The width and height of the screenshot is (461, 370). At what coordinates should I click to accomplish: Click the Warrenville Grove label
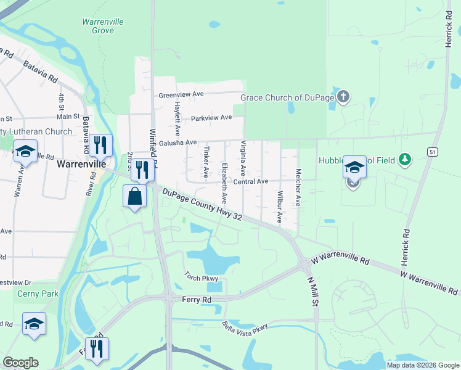point(103,26)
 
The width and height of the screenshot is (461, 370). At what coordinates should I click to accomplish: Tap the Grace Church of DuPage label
point(287,97)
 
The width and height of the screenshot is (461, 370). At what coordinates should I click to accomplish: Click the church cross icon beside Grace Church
point(344,97)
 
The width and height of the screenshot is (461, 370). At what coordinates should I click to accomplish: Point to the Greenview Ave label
point(181,95)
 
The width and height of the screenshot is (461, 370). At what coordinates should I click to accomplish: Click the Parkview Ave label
point(211,117)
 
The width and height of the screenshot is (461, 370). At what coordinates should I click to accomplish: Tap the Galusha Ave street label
point(177,142)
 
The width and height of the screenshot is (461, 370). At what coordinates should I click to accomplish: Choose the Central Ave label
point(250,181)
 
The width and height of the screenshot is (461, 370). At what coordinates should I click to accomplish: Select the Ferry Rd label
point(197,299)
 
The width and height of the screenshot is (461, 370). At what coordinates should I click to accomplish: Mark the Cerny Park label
point(38,294)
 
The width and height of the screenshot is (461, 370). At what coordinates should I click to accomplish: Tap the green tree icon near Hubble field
point(404,160)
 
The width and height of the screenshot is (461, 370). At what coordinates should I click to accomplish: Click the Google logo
point(20,363)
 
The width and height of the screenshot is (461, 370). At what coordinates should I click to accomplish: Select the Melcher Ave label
point(298,187)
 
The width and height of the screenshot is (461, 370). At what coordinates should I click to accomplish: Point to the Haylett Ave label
point(177,118)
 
